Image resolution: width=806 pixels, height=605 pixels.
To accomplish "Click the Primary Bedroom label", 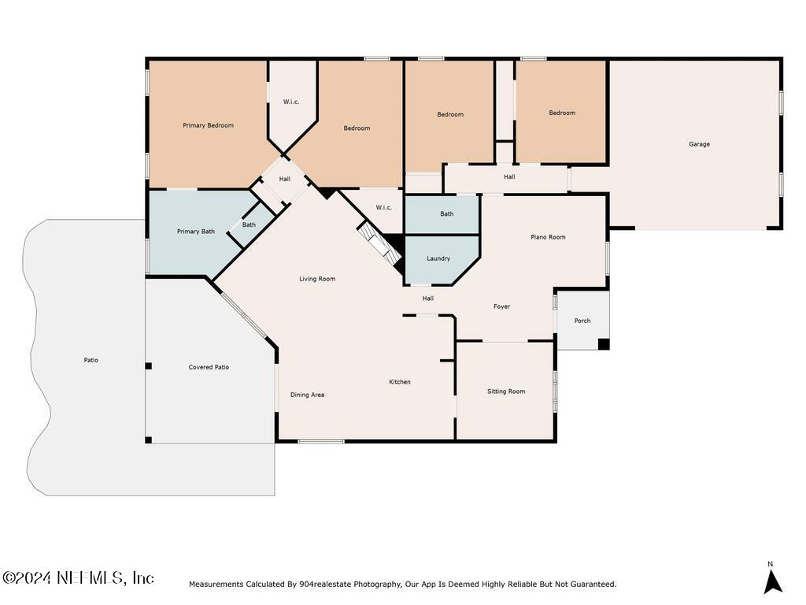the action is [x=208, y=125].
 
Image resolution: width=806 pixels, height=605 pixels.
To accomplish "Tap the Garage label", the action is [x=699, y=144].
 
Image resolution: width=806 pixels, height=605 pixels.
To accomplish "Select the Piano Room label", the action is [x=548, y=237].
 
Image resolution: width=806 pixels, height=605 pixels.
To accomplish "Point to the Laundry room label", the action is [x=438, y=258].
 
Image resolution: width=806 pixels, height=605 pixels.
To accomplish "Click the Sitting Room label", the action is [x=506, y=392].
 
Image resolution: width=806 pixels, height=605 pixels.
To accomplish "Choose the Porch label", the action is [x=582, y=321].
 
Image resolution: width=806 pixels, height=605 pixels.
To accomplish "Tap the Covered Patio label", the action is [x=209, y=367].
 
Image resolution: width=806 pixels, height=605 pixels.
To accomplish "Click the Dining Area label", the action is [x=308, y=395].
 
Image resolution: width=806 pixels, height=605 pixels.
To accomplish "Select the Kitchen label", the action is [x=399, y=382].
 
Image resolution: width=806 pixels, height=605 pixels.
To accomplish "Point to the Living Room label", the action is [x=317, y=279].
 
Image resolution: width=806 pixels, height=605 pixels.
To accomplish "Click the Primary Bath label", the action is [x=196, y=232].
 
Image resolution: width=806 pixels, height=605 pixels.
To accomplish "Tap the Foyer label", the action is [x=501, y=306].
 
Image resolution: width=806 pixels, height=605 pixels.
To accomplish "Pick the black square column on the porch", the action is [x=604, y=344].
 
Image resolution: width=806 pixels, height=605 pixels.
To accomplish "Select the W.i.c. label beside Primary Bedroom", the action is [x=291, y=102].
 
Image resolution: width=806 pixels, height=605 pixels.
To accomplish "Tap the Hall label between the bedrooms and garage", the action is [x=509, y=176].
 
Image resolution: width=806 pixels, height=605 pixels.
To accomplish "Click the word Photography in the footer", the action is [x=377, y=585].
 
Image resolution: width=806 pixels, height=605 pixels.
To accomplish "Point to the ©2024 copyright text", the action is [x=26, y=577].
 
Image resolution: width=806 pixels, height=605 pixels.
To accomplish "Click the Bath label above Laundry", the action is [x=447, y=214].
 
